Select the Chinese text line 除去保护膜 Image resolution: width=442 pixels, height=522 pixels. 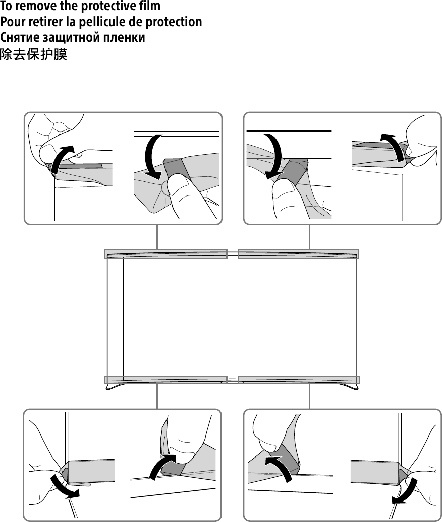pos(33,54)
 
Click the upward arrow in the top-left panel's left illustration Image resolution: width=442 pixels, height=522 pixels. pos(62,158)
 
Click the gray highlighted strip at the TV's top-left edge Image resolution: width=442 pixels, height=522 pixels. pos(165,254)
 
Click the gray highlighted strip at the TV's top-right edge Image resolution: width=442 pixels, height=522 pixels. pos(298,254)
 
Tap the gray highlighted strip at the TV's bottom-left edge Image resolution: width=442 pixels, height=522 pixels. pos(165,380)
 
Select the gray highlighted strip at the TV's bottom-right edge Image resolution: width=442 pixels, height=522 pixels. pos(298,380)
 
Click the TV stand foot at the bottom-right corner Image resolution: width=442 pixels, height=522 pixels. pos(351,387)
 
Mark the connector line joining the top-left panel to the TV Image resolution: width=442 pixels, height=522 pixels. pos(157,237)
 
